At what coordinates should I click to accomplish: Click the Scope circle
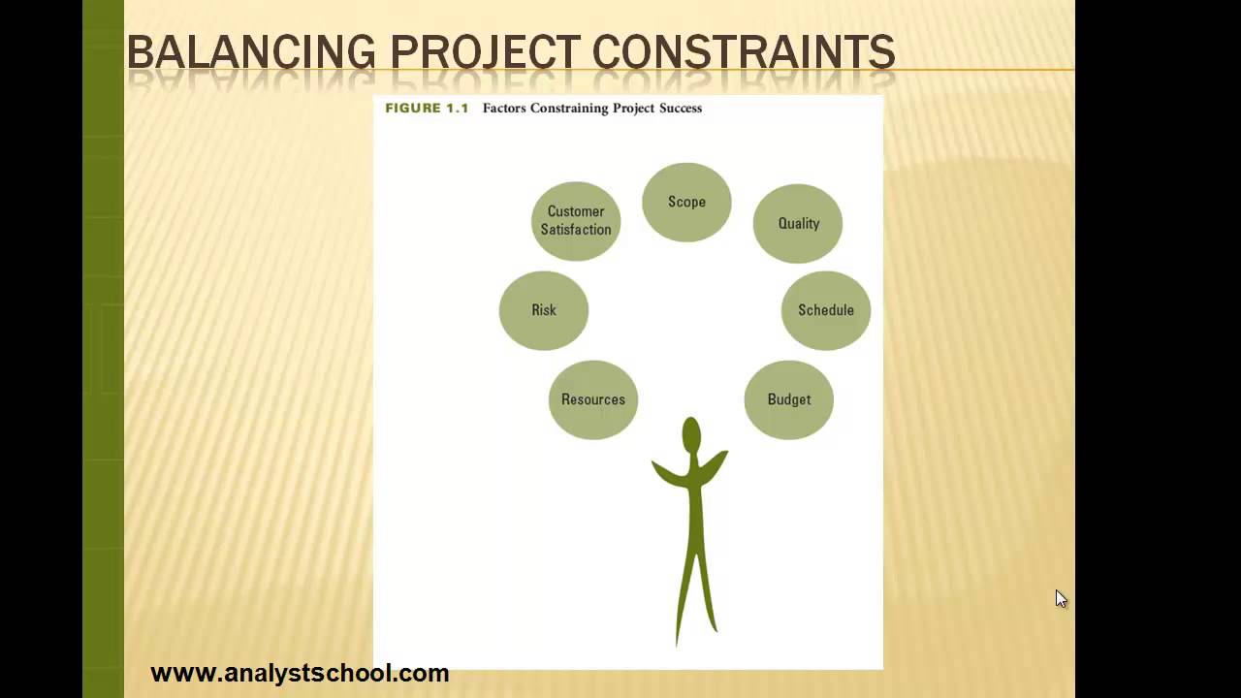pyautogui.click(x=686, y=202)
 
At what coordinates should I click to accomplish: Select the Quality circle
pyautogui.click(x=798, y=223)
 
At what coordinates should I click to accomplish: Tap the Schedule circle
pyautogui.click(x=826, y=310)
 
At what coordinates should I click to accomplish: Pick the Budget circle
pyautogui.click(x=788, y=399)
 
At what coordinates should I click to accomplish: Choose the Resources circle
pyautogui.click(x=593, y=399)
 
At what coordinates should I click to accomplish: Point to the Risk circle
pyautogui.click(x=544, y=310)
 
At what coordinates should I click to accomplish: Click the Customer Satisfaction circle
pyautogui.click(x=576, y=221)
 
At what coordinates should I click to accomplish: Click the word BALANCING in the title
pyautogui.click(x=251, y=52)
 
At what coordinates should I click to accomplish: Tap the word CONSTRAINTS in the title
pyautogui.click(x=744, y=52)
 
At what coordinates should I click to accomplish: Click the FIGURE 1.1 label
pyautogui.click(x=427, y=108)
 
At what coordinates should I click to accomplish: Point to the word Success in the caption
pyautogui.click(x=681, y=108)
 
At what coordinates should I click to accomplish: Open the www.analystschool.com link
pyautogui.click(x=300, y=673)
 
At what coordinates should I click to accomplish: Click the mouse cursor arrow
pyautogui.click(x=1061, y=598)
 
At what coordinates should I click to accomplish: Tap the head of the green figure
pyautogui.click(x=691, y=435)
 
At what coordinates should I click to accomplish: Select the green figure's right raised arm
pyautogui.click(x=715, y=465)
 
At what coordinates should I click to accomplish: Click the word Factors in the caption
pyautogui.click(x=504, y=108)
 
